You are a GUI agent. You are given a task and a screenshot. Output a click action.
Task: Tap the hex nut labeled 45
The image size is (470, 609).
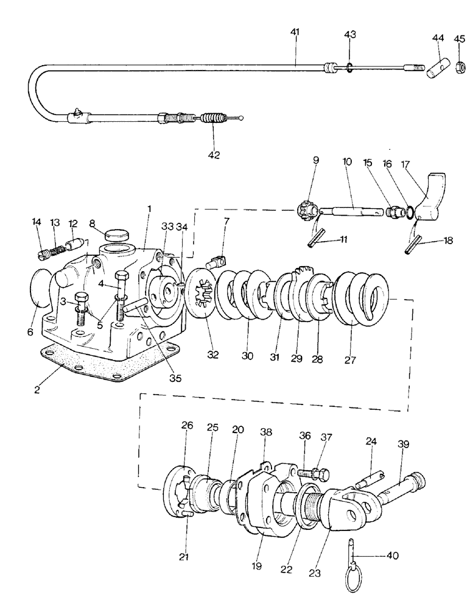coord(458,63)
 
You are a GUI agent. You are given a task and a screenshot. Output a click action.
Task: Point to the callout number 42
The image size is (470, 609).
coord(212,155)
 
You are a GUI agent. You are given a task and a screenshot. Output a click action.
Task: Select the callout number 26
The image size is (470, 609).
coord(187,426)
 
